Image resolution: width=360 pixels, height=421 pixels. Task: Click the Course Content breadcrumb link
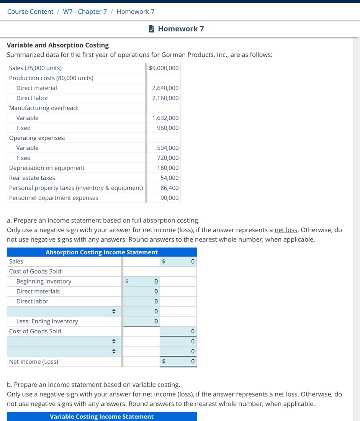(x=30, y=11)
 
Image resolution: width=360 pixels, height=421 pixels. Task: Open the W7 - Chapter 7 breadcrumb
(x=85, y=11)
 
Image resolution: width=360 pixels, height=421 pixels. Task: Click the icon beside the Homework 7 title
(x=152, y=29)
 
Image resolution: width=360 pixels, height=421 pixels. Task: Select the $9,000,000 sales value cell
(x=164, y=68)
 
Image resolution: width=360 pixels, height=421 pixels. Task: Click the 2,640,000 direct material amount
(x=165, y=88)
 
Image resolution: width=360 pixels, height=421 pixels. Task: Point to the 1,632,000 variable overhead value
(x=165, y=118)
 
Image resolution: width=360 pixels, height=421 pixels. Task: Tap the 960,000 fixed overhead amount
(x=168, y=128)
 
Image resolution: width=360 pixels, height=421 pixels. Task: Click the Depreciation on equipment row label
(x=47, y=168)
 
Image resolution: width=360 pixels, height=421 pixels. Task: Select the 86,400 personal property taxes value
(x=169, y=188)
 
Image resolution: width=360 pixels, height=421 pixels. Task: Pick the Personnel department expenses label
(x=54, y=198)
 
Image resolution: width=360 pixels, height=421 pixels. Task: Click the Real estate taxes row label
(x=32, y=178)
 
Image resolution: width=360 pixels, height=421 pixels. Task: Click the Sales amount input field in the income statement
(x=178, y=261)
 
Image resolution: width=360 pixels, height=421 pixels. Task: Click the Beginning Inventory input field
(x=141, y=281)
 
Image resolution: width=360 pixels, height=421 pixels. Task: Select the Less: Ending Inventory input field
(x=141, y=321)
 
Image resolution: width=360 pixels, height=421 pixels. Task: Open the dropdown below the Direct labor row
(x=64, y=311)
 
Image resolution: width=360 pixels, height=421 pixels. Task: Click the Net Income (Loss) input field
(x=178, y=361)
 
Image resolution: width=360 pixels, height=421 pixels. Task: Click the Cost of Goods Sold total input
(x=178, y=331)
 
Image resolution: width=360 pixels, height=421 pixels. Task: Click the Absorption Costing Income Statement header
(x=101, y=252)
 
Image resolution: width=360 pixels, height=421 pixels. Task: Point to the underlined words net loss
(x=286, y=230)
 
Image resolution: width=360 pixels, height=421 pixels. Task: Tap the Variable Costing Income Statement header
(x=101, y=416)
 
